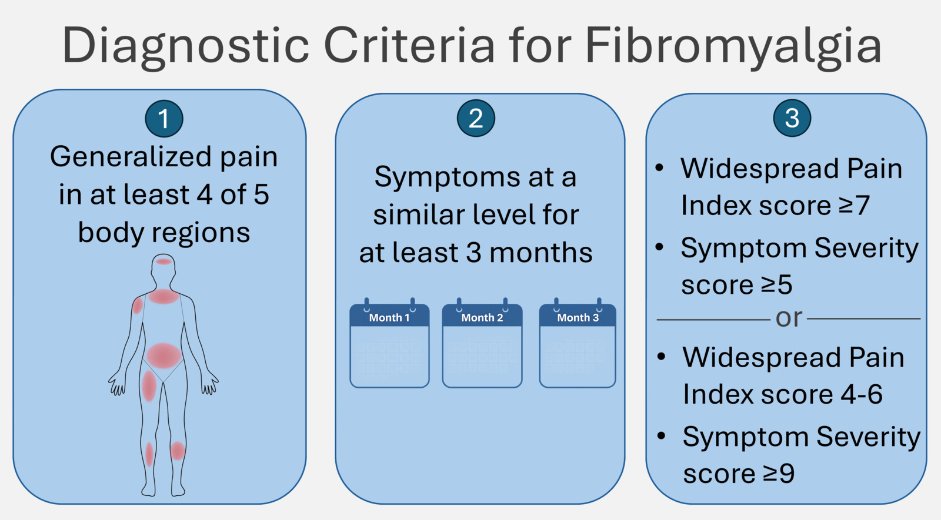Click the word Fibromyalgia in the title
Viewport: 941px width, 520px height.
click(733, 46)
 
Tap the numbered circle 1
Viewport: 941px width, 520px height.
click(164, 119)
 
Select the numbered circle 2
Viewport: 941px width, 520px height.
click(476, 118)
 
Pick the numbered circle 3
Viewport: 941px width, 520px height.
click(792, 118)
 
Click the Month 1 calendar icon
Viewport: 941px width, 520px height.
click(389, 345)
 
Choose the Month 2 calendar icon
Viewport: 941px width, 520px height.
click(482, 345)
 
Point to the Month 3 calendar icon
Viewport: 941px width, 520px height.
click(578, 345)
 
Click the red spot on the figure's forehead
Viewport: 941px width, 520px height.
click(163, 261)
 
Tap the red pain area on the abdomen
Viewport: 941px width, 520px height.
click(163, 355)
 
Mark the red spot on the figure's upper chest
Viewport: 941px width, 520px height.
click(163, 297)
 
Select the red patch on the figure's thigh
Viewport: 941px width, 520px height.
click(149, 386)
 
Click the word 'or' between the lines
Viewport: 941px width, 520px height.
click(789, 318)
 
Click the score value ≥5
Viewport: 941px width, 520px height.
click(776, 285)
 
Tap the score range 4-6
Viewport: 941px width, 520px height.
click(861, 394)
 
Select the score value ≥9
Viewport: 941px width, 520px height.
click(778, 474)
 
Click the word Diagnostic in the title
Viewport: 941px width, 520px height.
click(186, 46)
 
